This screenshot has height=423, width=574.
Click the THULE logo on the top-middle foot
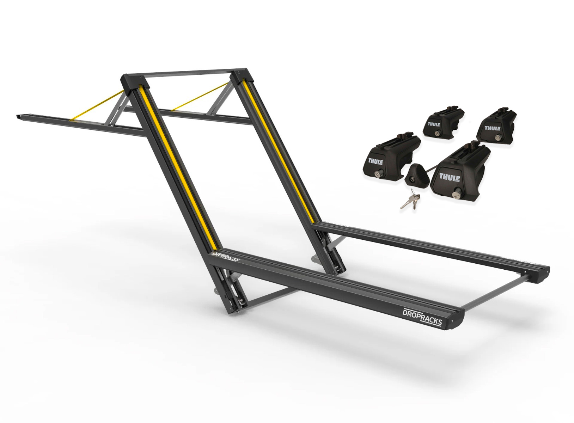434,124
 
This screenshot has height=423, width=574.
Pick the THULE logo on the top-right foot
492,128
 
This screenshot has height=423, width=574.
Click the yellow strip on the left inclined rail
176,166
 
